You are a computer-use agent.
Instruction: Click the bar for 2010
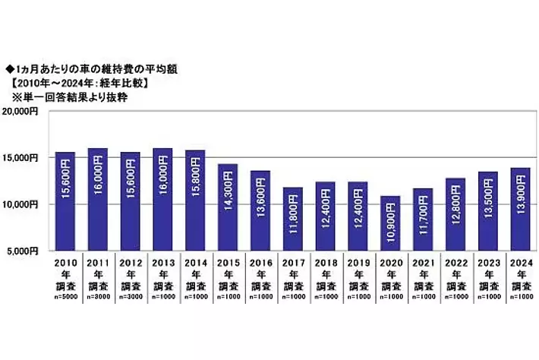pyautogui.click(x=65, y=201)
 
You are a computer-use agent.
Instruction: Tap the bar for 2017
pyautogui.click(x=293, y=218)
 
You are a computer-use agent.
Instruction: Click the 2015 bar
pyautogui.click(x=228, y=207)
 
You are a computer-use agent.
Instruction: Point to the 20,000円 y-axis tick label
pyautogui.click(x=27, y=111)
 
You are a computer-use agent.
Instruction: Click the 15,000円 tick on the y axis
pyautogui.click(x=27, y=158)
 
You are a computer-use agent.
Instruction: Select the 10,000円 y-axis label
pyautogui.click(x=27, y=204)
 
